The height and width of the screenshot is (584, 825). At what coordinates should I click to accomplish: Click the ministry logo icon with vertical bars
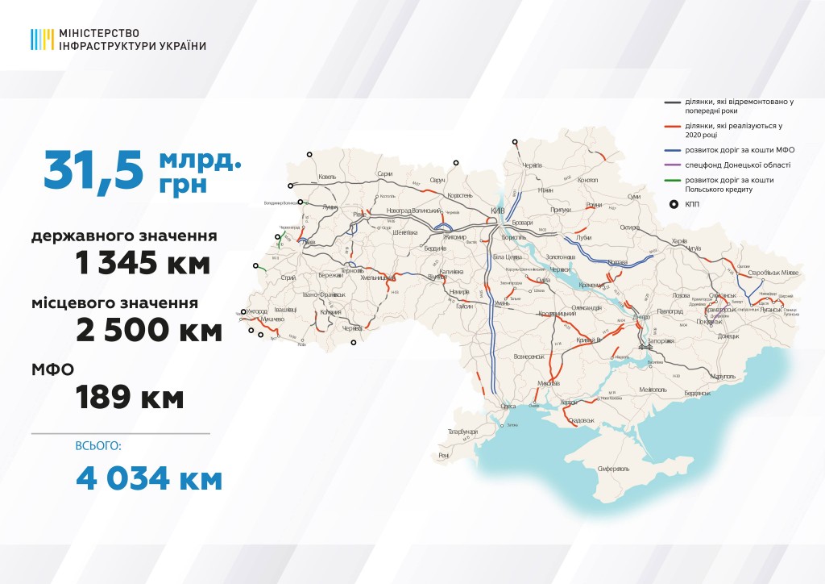click(43, 40)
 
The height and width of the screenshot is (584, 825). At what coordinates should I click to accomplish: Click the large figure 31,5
click(94, 169)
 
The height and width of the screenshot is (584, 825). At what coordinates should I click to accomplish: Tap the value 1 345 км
click(143, 263)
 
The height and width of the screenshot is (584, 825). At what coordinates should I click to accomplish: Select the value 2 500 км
click(149, 330)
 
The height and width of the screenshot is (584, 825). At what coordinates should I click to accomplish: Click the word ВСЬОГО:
click(98, 446)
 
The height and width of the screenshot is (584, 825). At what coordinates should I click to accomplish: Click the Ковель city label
click(327, 177)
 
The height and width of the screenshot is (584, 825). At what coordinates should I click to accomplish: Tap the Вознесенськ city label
click(530, 356)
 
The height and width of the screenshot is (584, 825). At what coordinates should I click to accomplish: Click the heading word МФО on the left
click(54, 369)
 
